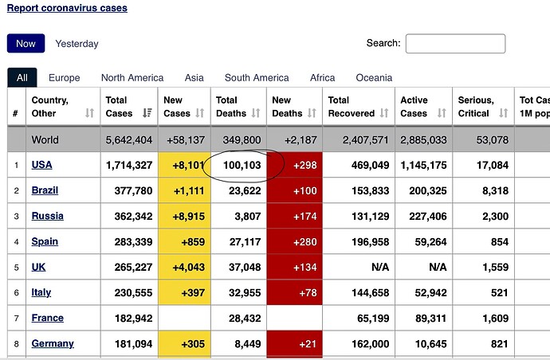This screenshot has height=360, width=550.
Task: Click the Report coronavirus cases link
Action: pos(67,8)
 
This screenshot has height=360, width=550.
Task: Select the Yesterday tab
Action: pos(77,44)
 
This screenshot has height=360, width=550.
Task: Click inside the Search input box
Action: pos(455,44)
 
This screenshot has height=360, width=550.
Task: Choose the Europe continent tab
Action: pos(64,78)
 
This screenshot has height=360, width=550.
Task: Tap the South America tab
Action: pos(256,78)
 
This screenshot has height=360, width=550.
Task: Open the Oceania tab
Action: pos(374,78)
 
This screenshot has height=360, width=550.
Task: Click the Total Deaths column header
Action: pos(233,107)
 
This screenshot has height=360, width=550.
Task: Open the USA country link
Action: pos(41,166)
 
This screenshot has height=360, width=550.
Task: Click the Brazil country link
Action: pos(45,191)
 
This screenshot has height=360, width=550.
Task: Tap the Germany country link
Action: pos(53,344)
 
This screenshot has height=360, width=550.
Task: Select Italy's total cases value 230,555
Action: pos(129,293)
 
